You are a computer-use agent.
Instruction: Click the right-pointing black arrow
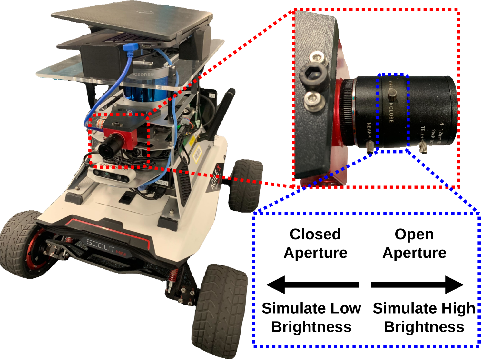(x=417, y=285)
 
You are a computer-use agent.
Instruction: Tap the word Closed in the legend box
(x=315, y=234)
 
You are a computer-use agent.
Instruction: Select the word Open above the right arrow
(x=414, y=234)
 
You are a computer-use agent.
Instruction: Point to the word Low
(x=347, y=308)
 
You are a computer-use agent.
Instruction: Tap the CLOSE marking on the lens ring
(x=391, y=113)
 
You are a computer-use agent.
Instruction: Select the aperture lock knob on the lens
(x=392, y=93)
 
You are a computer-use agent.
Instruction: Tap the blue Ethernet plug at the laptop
(x=130, y=48)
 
